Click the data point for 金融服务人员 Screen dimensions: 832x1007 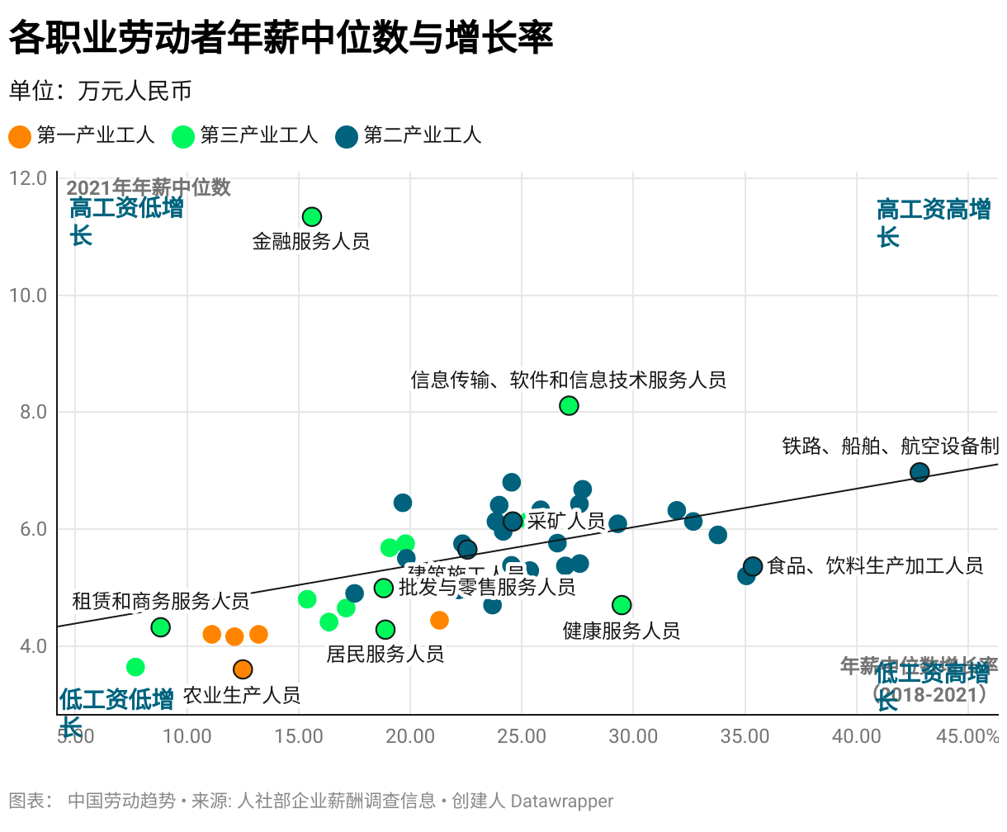point(311,217)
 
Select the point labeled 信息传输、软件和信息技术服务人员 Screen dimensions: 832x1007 point(569,405)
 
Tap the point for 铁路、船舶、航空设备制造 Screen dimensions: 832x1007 point(920,472)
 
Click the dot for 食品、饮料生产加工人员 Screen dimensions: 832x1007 point(753,566)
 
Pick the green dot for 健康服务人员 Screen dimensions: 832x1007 point(622,605)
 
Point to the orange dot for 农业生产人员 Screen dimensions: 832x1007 point(243,669)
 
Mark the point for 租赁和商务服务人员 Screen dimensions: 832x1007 point(161,627)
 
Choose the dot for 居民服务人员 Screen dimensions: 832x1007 point(385,630)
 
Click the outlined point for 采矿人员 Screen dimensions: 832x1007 point(513,521)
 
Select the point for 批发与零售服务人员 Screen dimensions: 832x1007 point(384,588)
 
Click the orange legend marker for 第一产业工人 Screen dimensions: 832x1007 point(20,136)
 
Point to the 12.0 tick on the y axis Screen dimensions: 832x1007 point(28,178)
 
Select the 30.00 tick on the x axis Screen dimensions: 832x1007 point(633,736)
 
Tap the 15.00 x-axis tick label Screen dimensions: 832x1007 point(299,736)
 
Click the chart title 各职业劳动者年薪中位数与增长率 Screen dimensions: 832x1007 point(281,38)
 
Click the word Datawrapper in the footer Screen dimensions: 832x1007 point(562,801)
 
